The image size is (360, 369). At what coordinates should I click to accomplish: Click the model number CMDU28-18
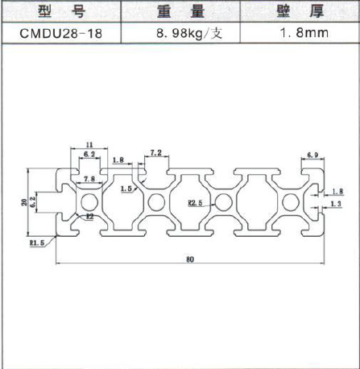point(60,34)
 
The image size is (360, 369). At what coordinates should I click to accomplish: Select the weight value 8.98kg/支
point(189,33)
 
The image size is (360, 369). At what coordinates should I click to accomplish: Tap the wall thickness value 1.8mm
point(304,33)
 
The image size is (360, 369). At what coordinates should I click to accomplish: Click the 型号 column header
point(61,11)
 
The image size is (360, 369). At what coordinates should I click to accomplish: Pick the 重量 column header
point(180,11)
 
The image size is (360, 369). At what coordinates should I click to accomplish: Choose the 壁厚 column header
point(300,11)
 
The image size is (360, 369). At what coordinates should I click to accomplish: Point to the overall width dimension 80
point(190,259)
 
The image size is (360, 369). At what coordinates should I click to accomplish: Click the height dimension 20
point(24,202)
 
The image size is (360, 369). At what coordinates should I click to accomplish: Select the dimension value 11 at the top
point(89,145)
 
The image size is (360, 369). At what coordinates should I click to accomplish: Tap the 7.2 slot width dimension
point(156,153)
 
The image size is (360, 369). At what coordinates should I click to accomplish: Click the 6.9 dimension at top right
point(312,155)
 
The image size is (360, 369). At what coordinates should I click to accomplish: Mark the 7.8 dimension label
point(89,179)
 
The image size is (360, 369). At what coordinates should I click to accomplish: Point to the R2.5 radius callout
point(195,203)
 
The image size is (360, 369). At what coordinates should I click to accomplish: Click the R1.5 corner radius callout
point(37,243)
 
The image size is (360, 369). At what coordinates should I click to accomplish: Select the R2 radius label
point(90,216)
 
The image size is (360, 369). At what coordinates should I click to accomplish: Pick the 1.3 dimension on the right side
point(336,204)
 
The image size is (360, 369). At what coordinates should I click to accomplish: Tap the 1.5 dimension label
point(126,189)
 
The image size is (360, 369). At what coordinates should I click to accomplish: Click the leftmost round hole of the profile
point(89,202)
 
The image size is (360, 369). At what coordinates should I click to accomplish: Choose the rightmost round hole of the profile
point(291,202)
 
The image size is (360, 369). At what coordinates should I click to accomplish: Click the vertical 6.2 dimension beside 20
point(33,202)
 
